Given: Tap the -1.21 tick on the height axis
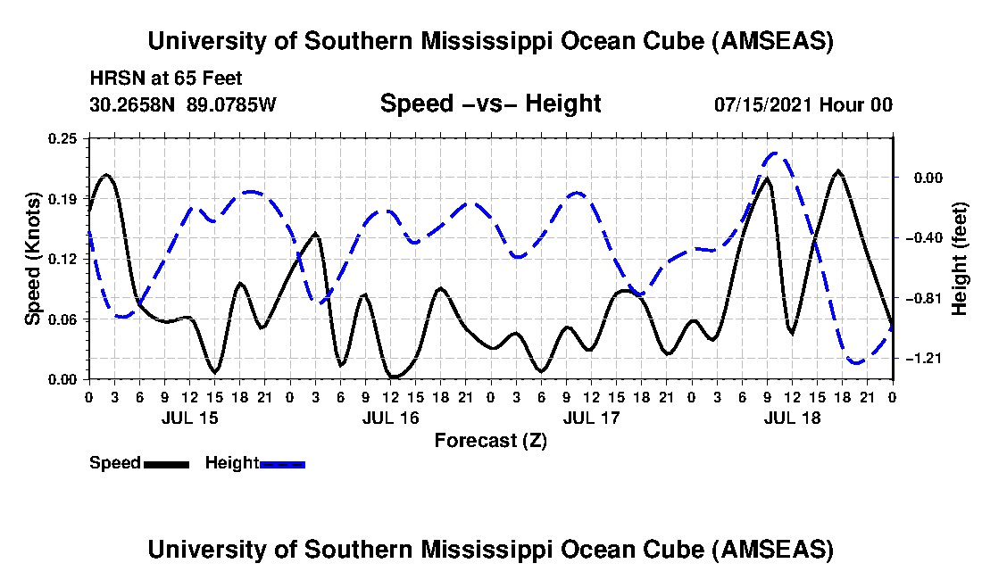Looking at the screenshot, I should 919,358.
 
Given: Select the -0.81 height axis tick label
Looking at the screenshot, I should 919,297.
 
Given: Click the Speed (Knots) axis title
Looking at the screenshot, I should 33,258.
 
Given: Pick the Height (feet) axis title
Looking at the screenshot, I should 960,259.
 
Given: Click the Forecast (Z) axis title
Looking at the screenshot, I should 490,440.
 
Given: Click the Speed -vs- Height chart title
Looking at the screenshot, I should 490,104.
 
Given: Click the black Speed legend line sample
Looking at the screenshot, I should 166,464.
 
